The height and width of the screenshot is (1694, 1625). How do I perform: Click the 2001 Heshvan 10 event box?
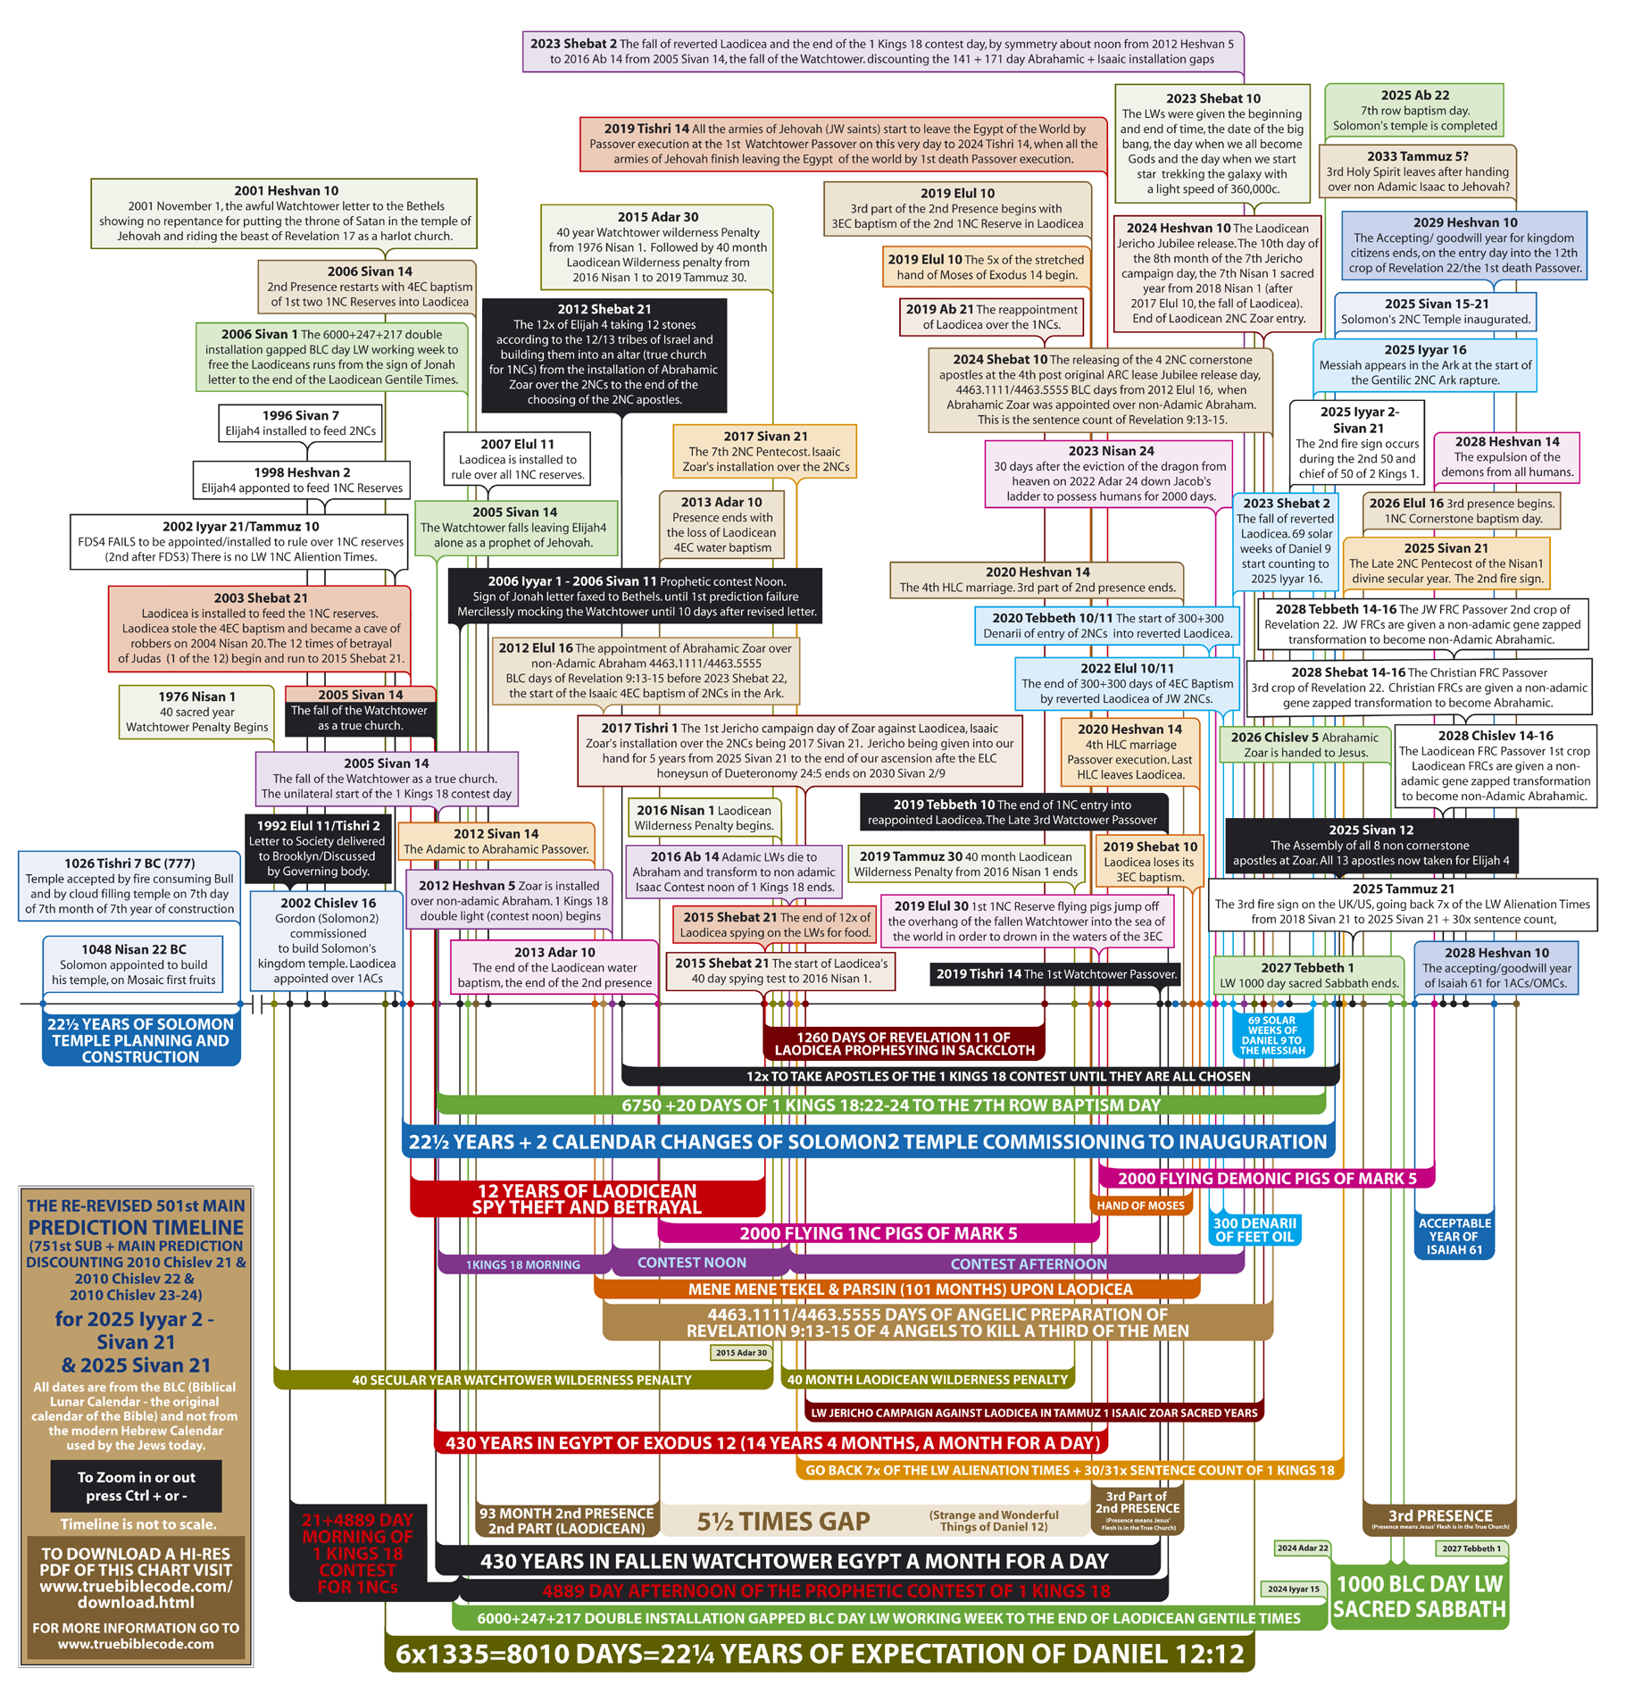click(x=284, y=213)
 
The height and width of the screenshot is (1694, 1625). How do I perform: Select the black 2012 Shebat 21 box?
click(x=604, y=355)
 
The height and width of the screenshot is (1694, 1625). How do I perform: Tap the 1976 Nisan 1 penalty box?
click(x=196, y=712)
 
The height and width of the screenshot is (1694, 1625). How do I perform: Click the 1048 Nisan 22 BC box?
click(x=133, y=964)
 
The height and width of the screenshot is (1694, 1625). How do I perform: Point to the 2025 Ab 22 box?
click(x=1414, y=110)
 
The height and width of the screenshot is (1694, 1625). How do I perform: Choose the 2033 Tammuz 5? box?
click(x=1418, y=171)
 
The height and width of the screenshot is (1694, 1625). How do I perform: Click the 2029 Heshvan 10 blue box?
click(x=1464, y=246)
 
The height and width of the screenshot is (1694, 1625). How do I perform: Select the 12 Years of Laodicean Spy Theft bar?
click(x=587, y=1199)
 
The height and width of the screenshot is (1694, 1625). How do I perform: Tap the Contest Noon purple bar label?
click(x=691, y=1263)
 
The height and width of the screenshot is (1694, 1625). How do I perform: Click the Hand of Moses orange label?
click(x=1140, y=1206)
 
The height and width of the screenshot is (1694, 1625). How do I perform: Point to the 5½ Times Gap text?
click(x=783, y=1522)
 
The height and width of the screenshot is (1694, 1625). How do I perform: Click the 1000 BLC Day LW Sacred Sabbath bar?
click(x=1419, y=1596)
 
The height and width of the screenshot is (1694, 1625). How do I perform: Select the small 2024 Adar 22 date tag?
click(x=1302, y=1548)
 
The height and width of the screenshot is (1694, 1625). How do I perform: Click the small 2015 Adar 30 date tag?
click(x=741, y=1352)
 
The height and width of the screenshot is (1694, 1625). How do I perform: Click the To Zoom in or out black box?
click(x=136, y=1486)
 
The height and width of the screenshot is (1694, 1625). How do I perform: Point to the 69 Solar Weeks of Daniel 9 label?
click(x=1271, y=1036)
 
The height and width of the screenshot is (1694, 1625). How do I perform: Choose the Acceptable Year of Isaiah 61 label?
click(x=1454, y=1236)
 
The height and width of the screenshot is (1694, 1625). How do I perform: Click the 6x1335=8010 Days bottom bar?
click(x=819, y=1654)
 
